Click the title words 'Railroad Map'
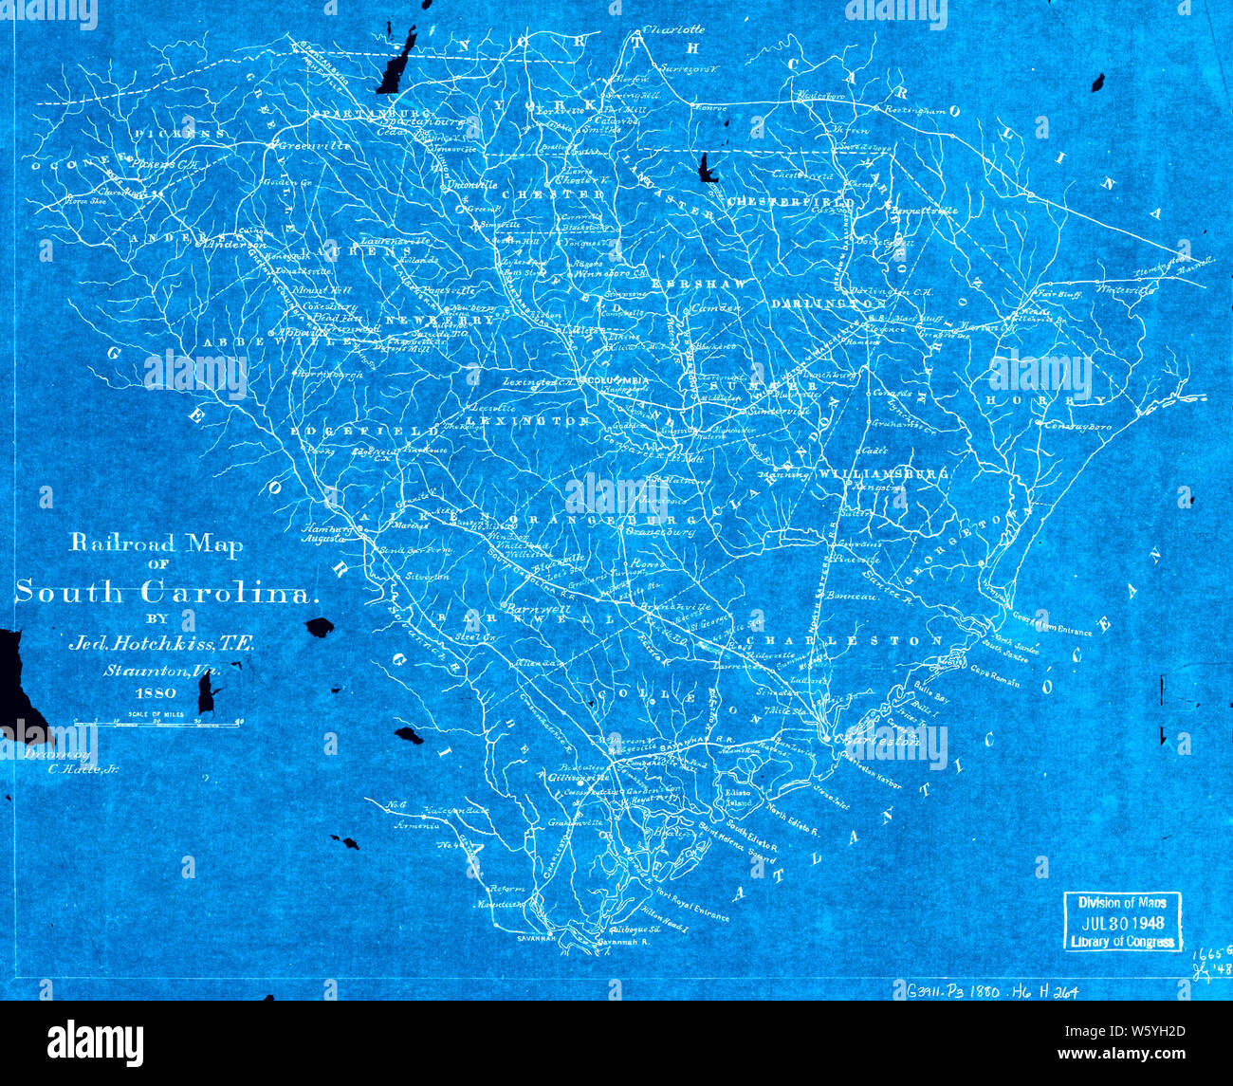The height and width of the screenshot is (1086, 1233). tap(155, 544)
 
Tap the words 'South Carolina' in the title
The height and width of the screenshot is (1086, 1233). tap(163, 593)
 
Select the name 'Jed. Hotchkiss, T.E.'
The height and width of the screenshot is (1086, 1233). tap(160, 644)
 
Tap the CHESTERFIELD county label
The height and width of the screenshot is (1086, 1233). tap(790, 202)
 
